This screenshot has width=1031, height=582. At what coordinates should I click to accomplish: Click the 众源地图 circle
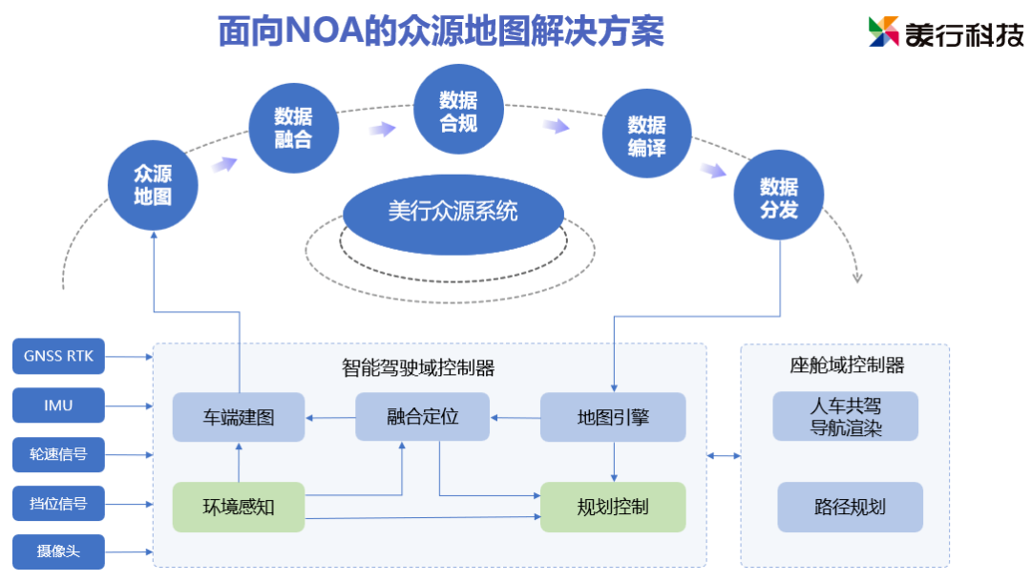tap(153, 185)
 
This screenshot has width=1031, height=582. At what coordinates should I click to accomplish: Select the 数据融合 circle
tap(293, 128)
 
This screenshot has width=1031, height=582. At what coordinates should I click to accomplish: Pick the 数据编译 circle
tap(646, 136)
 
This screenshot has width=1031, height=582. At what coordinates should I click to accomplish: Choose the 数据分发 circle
tap(778, 197)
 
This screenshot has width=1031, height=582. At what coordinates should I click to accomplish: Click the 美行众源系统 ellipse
tap(452, 212)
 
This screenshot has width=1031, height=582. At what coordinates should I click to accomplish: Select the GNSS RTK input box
tap(58, 357)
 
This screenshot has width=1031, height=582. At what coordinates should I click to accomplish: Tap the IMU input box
tap(58, 405)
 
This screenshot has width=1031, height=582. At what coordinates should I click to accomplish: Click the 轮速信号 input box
tap(58, 454)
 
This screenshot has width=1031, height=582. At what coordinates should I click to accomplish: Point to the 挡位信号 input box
tap(58, 503)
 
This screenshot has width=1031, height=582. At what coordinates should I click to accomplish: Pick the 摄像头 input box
tap(58, 551)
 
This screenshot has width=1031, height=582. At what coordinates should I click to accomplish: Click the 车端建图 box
tap(239, 417)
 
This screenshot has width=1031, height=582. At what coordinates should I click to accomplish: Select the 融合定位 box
tap(422, 417)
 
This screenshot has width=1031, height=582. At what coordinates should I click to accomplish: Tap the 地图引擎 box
tap(613, 417)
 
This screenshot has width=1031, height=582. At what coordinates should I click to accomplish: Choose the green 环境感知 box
tap(239, 507)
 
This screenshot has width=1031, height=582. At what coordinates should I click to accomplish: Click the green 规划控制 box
tap(613, 507)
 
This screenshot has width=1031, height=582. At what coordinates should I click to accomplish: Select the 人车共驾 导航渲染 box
tap(846, 417)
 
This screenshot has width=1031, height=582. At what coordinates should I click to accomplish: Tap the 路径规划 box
tap(850, 507)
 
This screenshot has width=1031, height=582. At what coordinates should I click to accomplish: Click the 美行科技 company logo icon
tap(884, 31)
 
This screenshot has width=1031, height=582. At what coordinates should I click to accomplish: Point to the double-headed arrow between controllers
tap(724, 456)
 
